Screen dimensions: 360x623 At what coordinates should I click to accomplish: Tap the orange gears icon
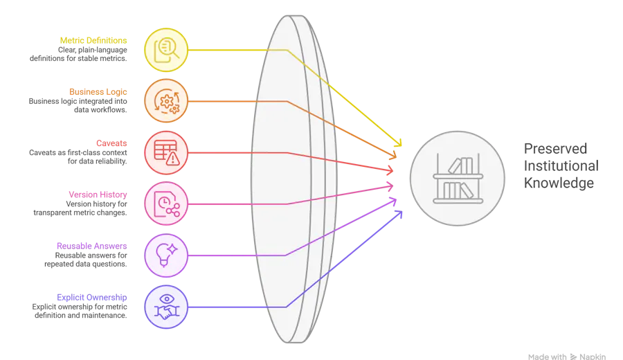pos(166,101)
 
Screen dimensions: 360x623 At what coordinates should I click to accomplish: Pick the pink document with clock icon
pos(166,204)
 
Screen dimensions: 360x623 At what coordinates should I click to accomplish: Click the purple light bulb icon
pos(166,255)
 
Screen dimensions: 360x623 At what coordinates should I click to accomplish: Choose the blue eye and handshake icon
pos(166,307)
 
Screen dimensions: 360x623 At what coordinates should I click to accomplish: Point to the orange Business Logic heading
pos(97,91)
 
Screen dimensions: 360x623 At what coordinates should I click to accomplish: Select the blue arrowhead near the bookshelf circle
pos(399,214)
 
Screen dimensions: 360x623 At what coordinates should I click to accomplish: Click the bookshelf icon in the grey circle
pos(458,179)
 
